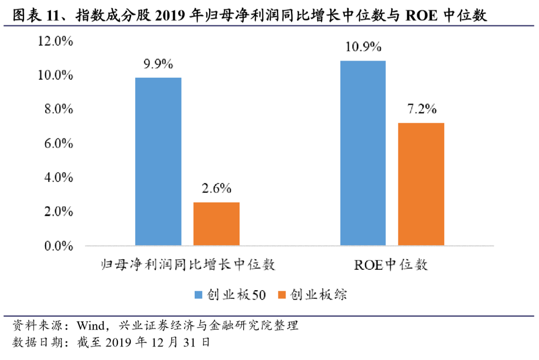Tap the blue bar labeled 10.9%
point(363,153)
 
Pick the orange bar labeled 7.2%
point(421,184)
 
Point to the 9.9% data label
point(158,64)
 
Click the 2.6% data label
point(217,188)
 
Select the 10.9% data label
point(363,47)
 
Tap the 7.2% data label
point(421,109)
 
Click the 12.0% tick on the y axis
point(56,41)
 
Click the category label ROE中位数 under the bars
point(391,264)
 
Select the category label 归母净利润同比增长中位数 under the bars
point(188,264)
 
